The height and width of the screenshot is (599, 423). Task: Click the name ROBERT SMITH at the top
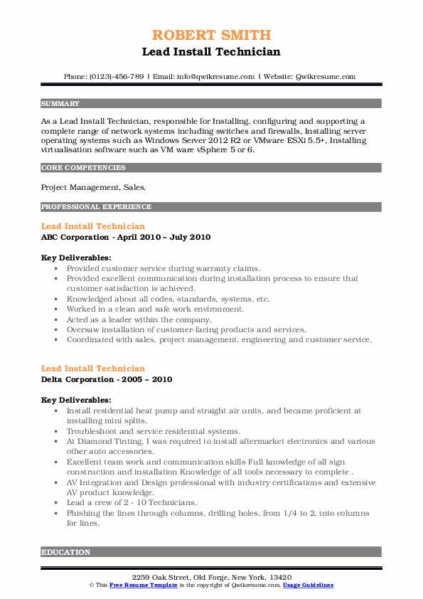click(210, 36)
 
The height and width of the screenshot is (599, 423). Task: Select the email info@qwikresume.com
click(217, 76)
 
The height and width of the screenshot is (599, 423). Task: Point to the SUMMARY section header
click(60, 104)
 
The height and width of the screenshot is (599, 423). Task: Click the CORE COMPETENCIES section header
click(83, 168)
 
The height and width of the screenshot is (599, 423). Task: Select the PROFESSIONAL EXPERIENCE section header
click(96, 207)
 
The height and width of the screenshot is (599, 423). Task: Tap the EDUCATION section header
click(66, 552)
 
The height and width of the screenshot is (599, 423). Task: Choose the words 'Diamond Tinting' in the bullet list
click(108, 441)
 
